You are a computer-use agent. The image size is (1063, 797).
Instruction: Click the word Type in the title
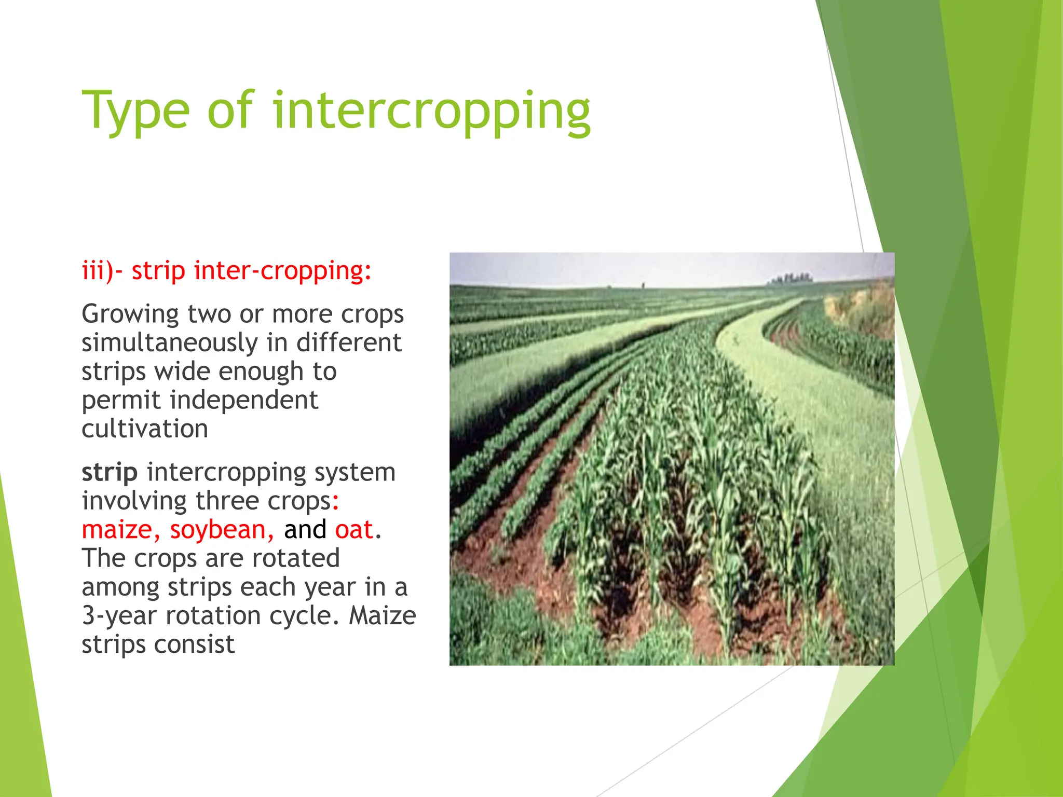tap(136, 111)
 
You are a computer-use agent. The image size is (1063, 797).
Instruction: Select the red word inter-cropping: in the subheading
tap(283, 271)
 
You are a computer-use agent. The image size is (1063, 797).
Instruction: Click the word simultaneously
tap(170, 343)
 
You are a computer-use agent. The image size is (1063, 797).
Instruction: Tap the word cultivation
tap(145, 429)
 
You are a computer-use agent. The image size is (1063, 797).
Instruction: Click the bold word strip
tap(110, 472)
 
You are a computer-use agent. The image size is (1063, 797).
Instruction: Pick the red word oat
tap(354, 530)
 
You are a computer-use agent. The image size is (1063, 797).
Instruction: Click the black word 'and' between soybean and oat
tap(305, 530)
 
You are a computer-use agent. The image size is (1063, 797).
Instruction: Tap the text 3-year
tap(119, 616)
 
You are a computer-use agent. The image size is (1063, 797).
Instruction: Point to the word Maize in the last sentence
tap(382, 616)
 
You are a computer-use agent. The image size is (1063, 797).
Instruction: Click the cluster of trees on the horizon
tap(789, 279)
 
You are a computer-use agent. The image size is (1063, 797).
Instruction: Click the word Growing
tap(130, 314)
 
